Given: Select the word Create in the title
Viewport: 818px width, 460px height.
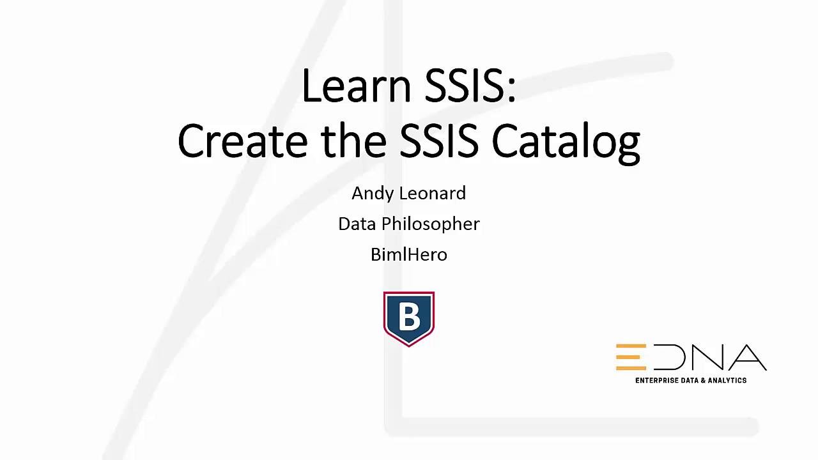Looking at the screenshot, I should [x=242, y=141].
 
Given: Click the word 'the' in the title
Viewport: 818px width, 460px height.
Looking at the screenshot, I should [x=354, y=141].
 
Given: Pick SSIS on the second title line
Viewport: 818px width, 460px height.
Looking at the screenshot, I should [x=438, y=141].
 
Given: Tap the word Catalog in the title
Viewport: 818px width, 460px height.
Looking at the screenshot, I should [x=566, y=142].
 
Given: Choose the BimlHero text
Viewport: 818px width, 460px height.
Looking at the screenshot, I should [x=409, y=254].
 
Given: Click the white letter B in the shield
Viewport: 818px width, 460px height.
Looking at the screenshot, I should [x=409, y=316].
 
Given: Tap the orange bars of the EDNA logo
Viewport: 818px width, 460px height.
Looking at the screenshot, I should [x=631, y=357].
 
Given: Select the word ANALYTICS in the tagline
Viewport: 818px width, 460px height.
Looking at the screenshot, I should [x=728, y=380].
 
